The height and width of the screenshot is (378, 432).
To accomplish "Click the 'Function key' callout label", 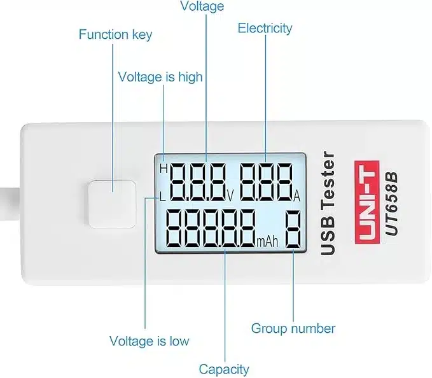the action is tap(115, 35).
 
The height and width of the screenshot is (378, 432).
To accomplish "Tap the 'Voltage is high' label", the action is tap(160, 77).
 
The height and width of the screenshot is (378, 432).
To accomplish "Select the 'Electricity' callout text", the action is tap(265, 29).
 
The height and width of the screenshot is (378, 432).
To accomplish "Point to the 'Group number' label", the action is tap(293, 328).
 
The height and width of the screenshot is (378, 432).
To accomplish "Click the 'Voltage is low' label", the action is tap(150, 341).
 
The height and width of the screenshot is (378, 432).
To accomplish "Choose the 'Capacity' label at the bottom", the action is tap(224, 369).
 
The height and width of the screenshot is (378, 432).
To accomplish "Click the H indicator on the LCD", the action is tap(164, 169).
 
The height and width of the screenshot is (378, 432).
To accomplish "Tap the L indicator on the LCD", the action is tap(162, 197).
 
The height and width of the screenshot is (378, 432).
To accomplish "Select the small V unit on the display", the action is tap(230, 196).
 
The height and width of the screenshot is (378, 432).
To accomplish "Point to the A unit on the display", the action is tap(296, 197).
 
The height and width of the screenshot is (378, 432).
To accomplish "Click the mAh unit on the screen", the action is tap(267, 242).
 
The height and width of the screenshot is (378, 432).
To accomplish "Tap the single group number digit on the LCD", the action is tap(293, 229).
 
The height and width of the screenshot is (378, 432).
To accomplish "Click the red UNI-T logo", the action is tap(367, 202).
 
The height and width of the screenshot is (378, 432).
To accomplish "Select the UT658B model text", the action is tap(392, 204).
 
